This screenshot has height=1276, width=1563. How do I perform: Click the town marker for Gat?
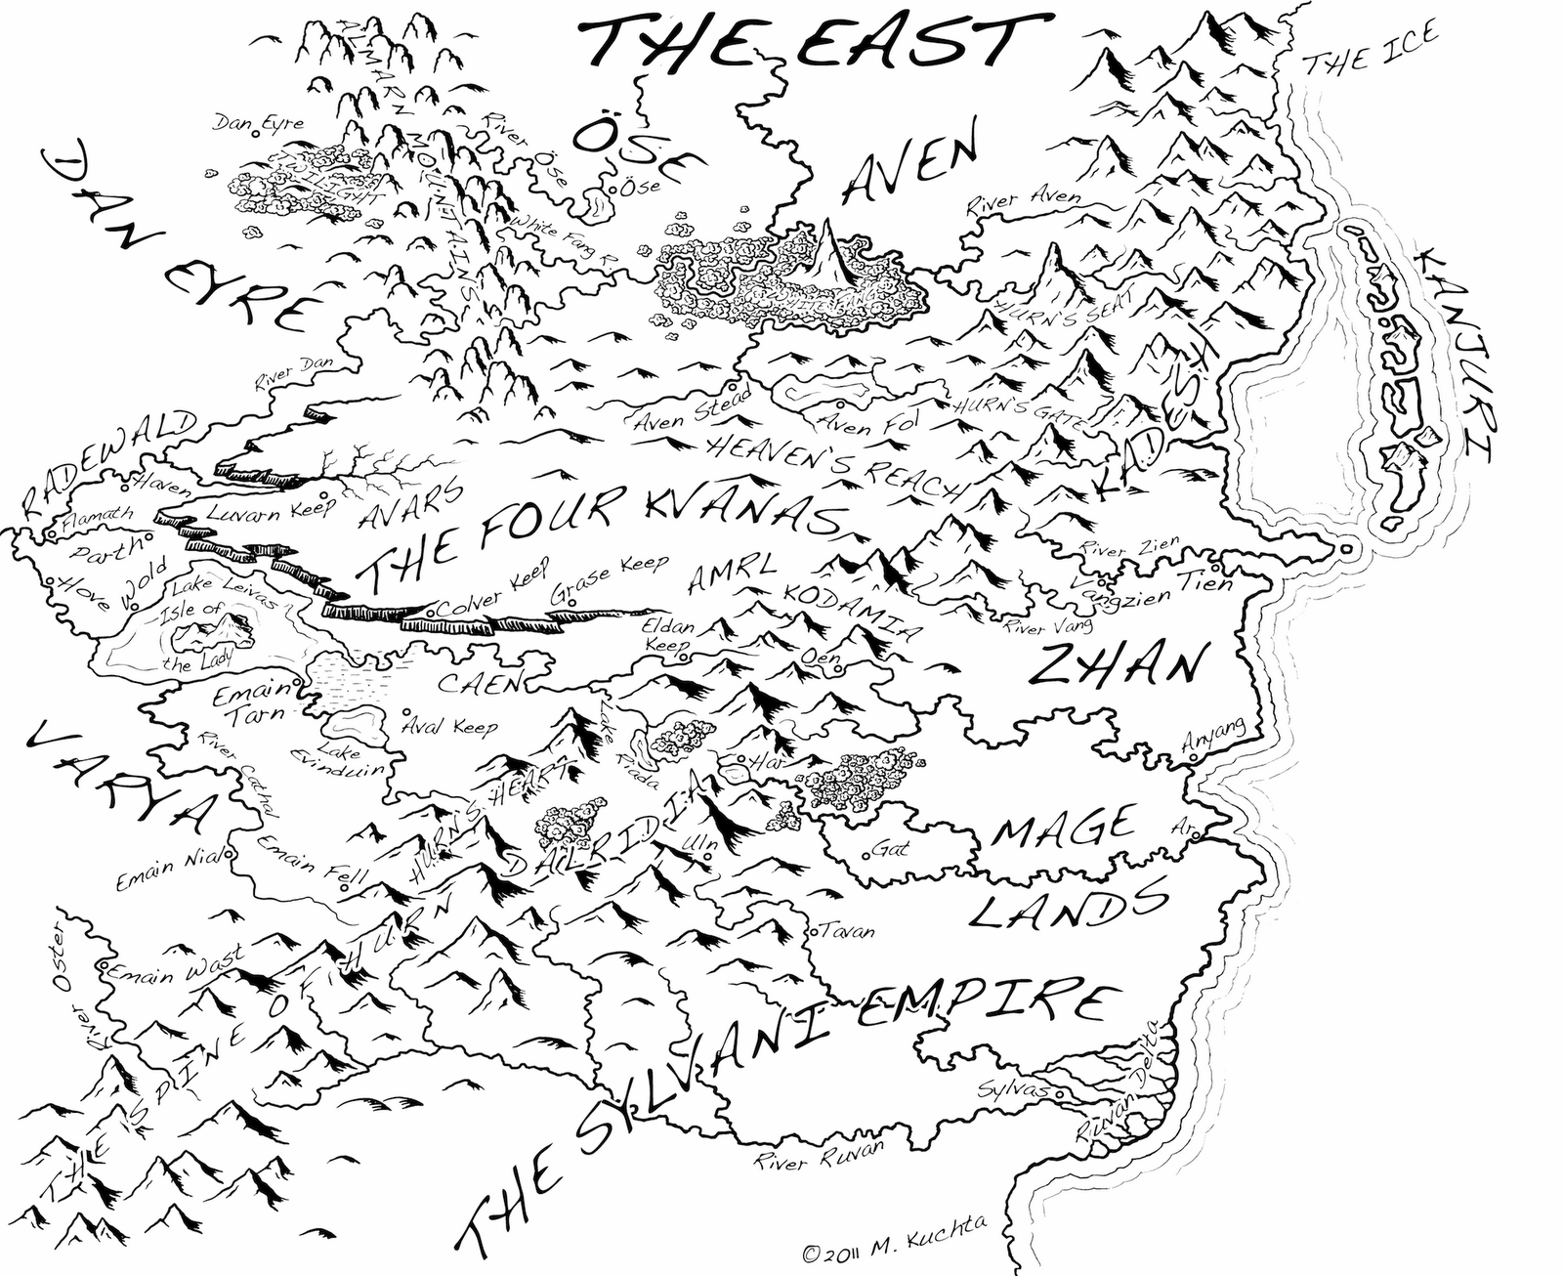coord(866,856)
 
